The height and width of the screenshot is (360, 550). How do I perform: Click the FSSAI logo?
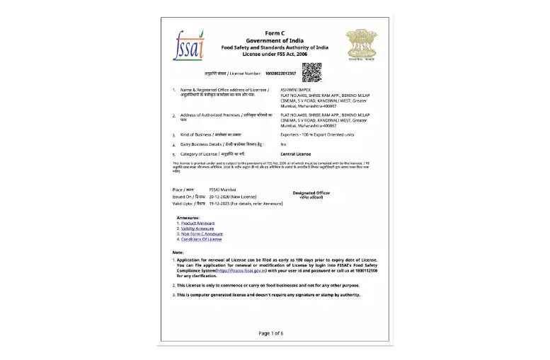(x=188, y=46)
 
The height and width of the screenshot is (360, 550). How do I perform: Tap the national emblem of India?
(x=361, y=45)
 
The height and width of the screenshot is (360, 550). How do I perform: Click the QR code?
(x=312, y=73)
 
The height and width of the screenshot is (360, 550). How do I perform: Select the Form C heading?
(x=275, y=33)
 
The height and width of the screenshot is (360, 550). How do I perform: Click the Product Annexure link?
(x=197, y=223)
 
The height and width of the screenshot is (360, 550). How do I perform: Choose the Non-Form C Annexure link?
(x=202, y=234)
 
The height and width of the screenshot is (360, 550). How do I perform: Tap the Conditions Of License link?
(x=201, y=239)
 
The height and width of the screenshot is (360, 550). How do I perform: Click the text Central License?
(x=297, y=153)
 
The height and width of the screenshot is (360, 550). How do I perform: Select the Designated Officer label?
(x=311, y=193)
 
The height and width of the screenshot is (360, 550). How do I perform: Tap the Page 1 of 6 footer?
(x=271, y=332)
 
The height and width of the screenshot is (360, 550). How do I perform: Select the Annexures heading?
(x=188, y=217)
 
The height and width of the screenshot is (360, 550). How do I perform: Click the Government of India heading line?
(x=275, y=40)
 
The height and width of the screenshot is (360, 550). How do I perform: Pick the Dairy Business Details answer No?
(x=283, y=144)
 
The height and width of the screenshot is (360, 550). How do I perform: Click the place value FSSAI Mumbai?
(x=224, y=190)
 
